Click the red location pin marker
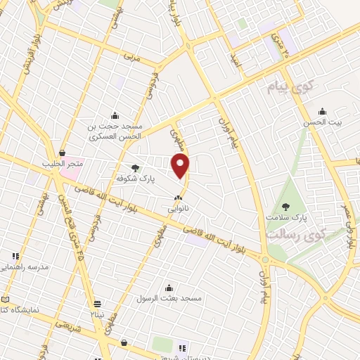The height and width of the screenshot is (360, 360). pyautogui.click(x=181, y=165)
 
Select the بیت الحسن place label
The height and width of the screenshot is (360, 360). pyautogui.click(x=331, y=122)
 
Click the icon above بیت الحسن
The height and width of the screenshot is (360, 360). pyautogui.click(x=322, y=111)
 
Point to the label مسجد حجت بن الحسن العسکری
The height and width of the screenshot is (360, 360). pyautogui.click(x=115, y=131)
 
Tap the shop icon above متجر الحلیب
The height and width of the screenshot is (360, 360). pyautogui.click(x=62, y=153)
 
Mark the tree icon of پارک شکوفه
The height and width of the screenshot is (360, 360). pyautogui.click(x=135, y=167)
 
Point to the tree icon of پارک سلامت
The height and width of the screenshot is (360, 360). pyautogui.click(x=285, y=206)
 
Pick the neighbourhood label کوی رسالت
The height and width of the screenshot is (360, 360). pyautogui.click(x=294, y=236)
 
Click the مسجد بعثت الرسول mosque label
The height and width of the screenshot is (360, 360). pyautogui.click(x=169, y=298)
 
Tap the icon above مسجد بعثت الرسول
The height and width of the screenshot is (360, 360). pyautogui.click(x=169, y=287)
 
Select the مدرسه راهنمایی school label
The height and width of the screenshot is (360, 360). pyautogui.click(x=25, y=267)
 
